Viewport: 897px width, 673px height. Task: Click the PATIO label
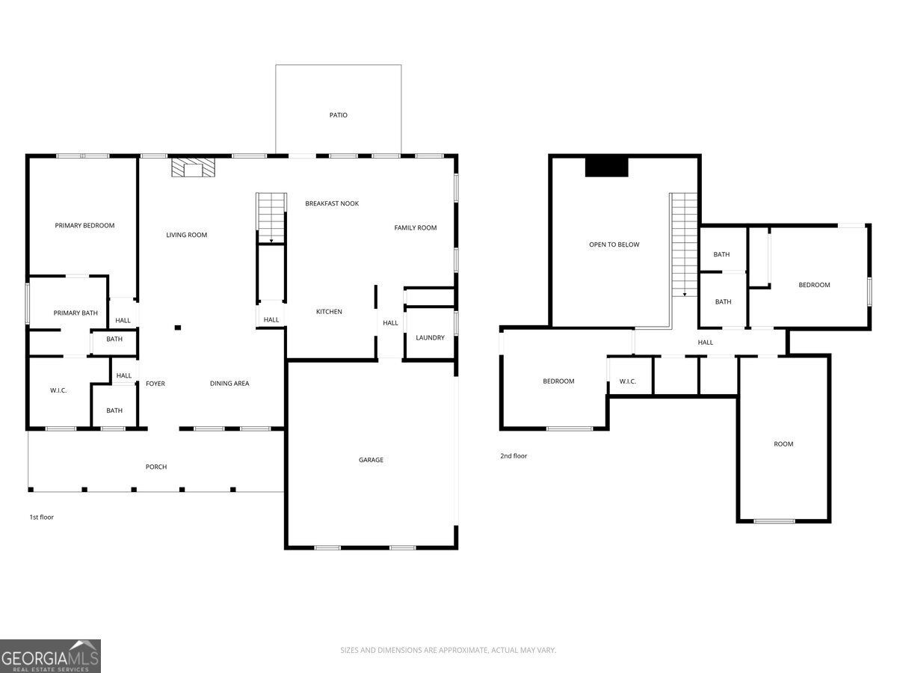(339, 115)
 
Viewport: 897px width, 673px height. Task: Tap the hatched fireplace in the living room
(194, 168)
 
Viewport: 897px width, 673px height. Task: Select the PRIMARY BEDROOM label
(84, 226)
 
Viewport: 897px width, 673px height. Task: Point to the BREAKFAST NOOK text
(332, 203)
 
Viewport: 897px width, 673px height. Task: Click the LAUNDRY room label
(430, 337)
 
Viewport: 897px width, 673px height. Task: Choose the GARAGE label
(371, 460)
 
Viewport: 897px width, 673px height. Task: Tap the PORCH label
(156, 467)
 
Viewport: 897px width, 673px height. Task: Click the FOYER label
(155, 384)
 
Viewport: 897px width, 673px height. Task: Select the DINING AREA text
(229, 384)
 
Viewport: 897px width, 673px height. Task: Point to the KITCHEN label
(329, 312)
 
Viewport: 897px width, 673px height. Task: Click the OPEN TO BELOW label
(614, 245)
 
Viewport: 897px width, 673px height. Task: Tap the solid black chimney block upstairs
(606, 167)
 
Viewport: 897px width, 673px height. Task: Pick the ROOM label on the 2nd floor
(783, 444)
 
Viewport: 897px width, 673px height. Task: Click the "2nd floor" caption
(514, 455)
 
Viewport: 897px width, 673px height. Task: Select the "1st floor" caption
(42, 517)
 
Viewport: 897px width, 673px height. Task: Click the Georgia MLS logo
(50, 656)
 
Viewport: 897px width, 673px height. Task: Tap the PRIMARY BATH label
(75, 313)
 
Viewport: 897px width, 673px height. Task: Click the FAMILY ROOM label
(415, 227)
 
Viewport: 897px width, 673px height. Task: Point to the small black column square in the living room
(178, 328)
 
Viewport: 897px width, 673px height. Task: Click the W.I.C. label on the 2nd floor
(627, 381)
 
